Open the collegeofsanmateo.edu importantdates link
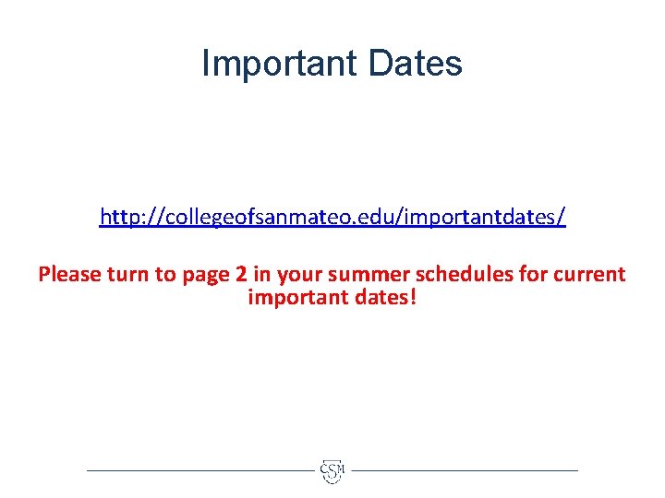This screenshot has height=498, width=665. (x=332, y=218)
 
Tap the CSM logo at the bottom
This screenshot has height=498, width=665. (x=332, y=470)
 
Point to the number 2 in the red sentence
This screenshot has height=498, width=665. (x=242, y=274)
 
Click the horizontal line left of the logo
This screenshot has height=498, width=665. (x=199, y=470)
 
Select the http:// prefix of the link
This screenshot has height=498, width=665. (x=126, y=218)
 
